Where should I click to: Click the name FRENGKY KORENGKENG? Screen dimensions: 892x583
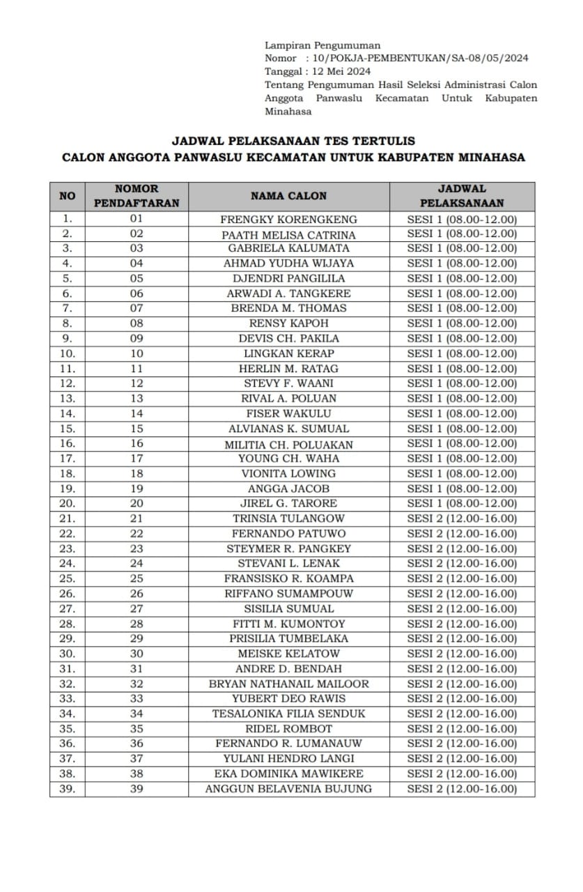pyautogui.click(x=288, y=219)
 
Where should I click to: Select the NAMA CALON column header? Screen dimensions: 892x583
pyautogui.click(x=288, y=196)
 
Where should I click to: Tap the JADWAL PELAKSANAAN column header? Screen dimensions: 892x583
pyautogui.click(x=462, y=196)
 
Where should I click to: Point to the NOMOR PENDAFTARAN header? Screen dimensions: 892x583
pyautogui.click(x=137, y=196)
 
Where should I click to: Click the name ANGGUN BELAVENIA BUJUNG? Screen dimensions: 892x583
pyautogui.click(x=288, y=789)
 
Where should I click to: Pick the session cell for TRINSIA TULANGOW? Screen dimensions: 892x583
pyautogui.click(x=462, y=518)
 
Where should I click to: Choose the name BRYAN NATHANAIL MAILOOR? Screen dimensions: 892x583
pyautogui.click(x=288, y=684)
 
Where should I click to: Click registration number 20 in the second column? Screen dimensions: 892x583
pyautogui.click(x=137, y=503)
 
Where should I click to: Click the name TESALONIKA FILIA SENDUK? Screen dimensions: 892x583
pyautogui.click(x=288, y=714)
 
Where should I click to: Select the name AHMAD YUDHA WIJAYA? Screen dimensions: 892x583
pyautogui.click(x=288, y=263)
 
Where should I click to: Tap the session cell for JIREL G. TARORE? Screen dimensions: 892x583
pyautogui.click(x=462, y=503)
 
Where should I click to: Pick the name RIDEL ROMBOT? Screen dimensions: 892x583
pyautogui.click(x=288, y=729)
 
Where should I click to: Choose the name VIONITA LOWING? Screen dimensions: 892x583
pyautogui.click(x=288, y=473)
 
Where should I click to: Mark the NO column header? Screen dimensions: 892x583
pyautogui.click(x=67, y=196)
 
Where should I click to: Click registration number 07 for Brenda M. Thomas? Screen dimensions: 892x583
pyautogui.click(x=137, y=308)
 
